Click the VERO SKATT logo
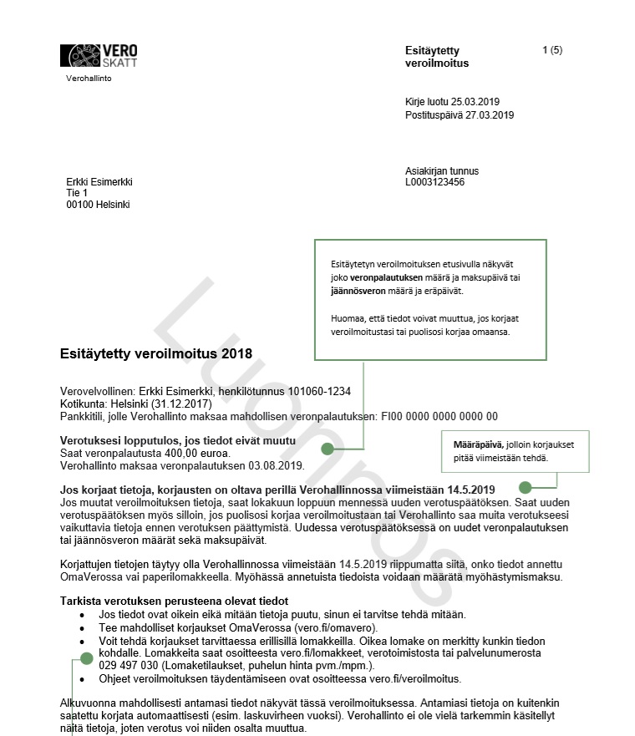pyautogui.click(x=99, y=56)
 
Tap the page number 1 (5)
pyautogui.click(x=552, y=50)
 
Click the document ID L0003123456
pyautogui.click(x=434, y=182)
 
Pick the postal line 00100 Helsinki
pyautogui.click(x=98, y=205)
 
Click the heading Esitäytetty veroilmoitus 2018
pyautogui.click(x=155, y=354)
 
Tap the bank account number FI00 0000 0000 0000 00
pyautogui.click(x=439, y=416)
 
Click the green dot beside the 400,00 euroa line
pyautogui.click(x=328, y=449)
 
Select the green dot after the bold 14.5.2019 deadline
pyautogui.click(x=526, y=487)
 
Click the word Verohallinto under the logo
pyautogui.click(x=89, y=79)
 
